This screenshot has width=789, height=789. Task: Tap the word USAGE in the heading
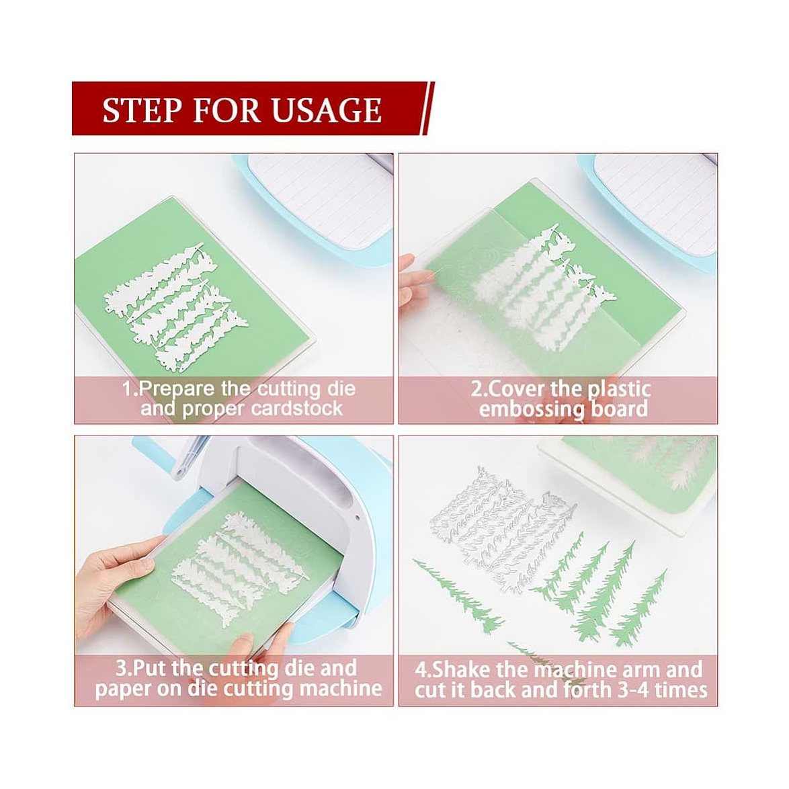(x=327, y=110)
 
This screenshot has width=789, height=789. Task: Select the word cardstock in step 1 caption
(x=297, y=407)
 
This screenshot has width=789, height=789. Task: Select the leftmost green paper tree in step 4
(x=457, y=595)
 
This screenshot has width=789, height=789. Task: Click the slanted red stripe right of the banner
(x=427, y=109)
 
